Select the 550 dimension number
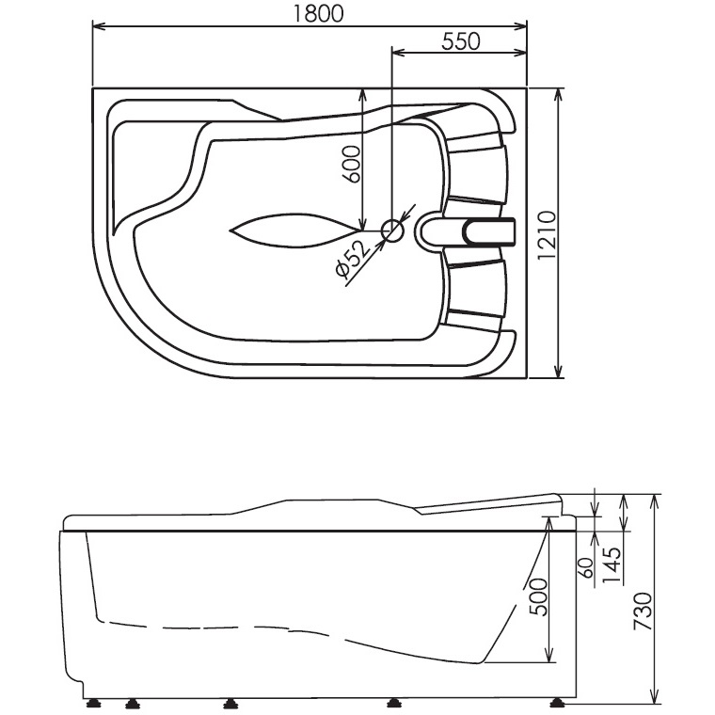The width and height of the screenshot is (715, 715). click(460, 40)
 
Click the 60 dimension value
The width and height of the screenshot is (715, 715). click(585, 567)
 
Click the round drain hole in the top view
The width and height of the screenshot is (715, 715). click(391, 229)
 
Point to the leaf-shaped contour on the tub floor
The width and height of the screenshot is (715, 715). click(281, 229)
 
